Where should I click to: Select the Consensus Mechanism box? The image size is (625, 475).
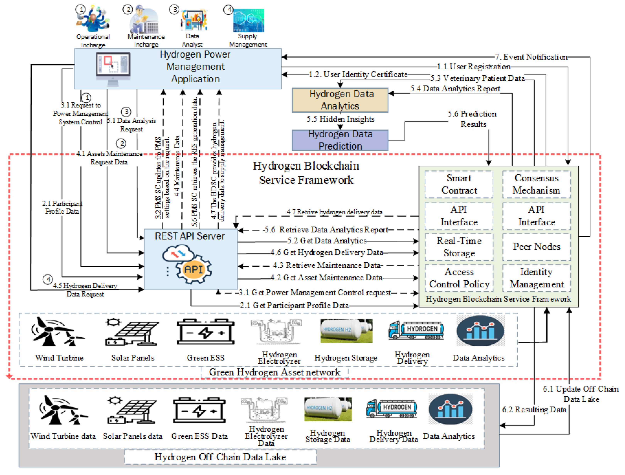click(x=536, y=184)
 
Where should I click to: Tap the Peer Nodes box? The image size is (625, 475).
click(x=536, y=247)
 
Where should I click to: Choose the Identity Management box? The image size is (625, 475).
click(x=536, y=278)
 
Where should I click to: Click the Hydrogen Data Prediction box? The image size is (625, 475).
click(x=340, y=140)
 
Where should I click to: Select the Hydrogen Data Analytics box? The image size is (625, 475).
click(x=340, y=100)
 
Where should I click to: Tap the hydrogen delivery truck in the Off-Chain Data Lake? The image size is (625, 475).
click(x=391, y=408)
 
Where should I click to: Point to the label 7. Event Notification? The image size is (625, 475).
click(x=531, y=57)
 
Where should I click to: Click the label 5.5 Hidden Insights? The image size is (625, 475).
click(x=340, y=119)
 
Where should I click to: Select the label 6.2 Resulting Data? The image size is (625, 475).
click(x=534, y=409)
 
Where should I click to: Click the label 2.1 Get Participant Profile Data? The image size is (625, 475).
click(x=294, y=305)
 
